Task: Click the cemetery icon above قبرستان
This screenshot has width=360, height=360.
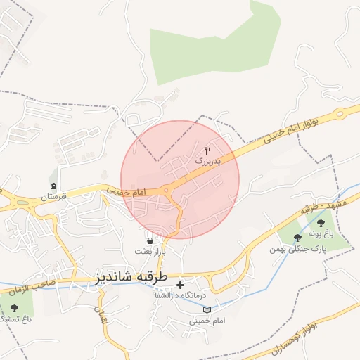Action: click(x=53, y=186)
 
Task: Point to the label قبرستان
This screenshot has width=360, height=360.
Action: click(x=53, y=196)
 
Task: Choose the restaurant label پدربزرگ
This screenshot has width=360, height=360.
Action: click(x=207, y=161)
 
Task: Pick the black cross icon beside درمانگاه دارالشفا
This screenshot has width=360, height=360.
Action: click(x=181, y=285)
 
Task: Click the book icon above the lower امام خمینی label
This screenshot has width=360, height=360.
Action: click(x=206, y=309)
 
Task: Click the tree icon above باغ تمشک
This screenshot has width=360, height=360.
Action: click(x=15, y=308)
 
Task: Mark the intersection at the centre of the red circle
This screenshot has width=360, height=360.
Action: click(x=169, y=189)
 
